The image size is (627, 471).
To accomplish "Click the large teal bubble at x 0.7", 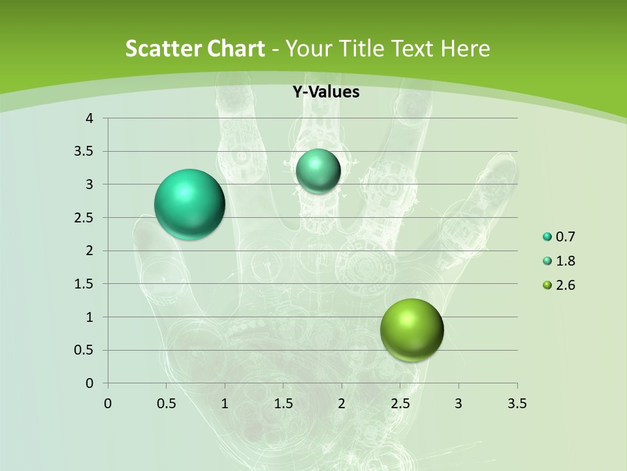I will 189,204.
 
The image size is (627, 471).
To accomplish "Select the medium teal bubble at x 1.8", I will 318,171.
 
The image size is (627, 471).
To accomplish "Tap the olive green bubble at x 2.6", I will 411,330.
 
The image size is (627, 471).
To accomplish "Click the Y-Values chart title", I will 326,92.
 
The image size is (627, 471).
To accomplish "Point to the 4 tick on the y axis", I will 89,118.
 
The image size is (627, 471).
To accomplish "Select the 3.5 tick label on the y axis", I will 85,152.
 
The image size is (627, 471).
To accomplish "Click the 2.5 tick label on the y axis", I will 85,218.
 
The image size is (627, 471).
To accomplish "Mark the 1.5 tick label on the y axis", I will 85,284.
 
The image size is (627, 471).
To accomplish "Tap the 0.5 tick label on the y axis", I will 85,351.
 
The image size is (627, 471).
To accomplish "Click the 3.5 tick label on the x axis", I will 517,404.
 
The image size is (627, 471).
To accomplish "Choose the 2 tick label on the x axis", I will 342,404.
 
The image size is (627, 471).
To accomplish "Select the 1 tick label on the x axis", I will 225,404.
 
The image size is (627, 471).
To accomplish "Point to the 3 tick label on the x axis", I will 458,404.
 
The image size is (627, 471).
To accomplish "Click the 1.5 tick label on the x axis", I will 283,404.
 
